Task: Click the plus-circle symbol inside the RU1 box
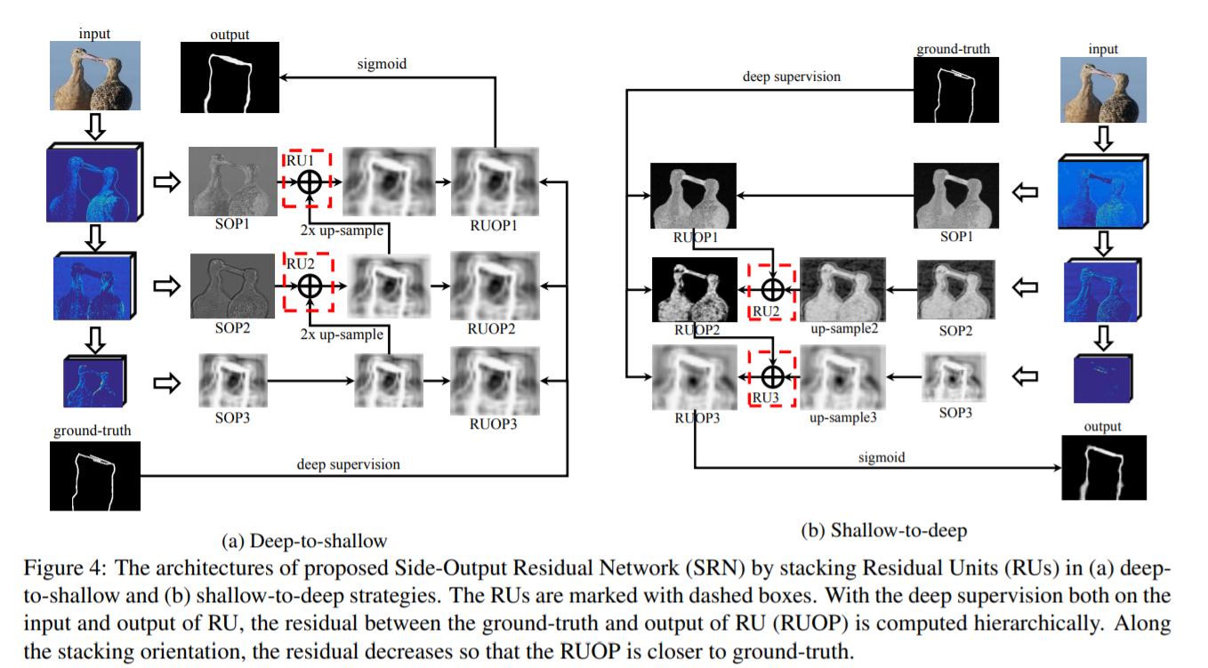[x=309, y=182]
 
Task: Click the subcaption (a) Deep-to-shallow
[x=304, y=541]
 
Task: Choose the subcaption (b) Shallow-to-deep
[x=884, y=531]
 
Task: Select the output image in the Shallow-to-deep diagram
[x=1103, y=468]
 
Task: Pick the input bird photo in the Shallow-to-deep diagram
[x=1103, y=90]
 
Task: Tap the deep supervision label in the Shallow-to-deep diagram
[x=792, y=76]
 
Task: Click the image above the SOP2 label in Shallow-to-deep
[x=954, y=288]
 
